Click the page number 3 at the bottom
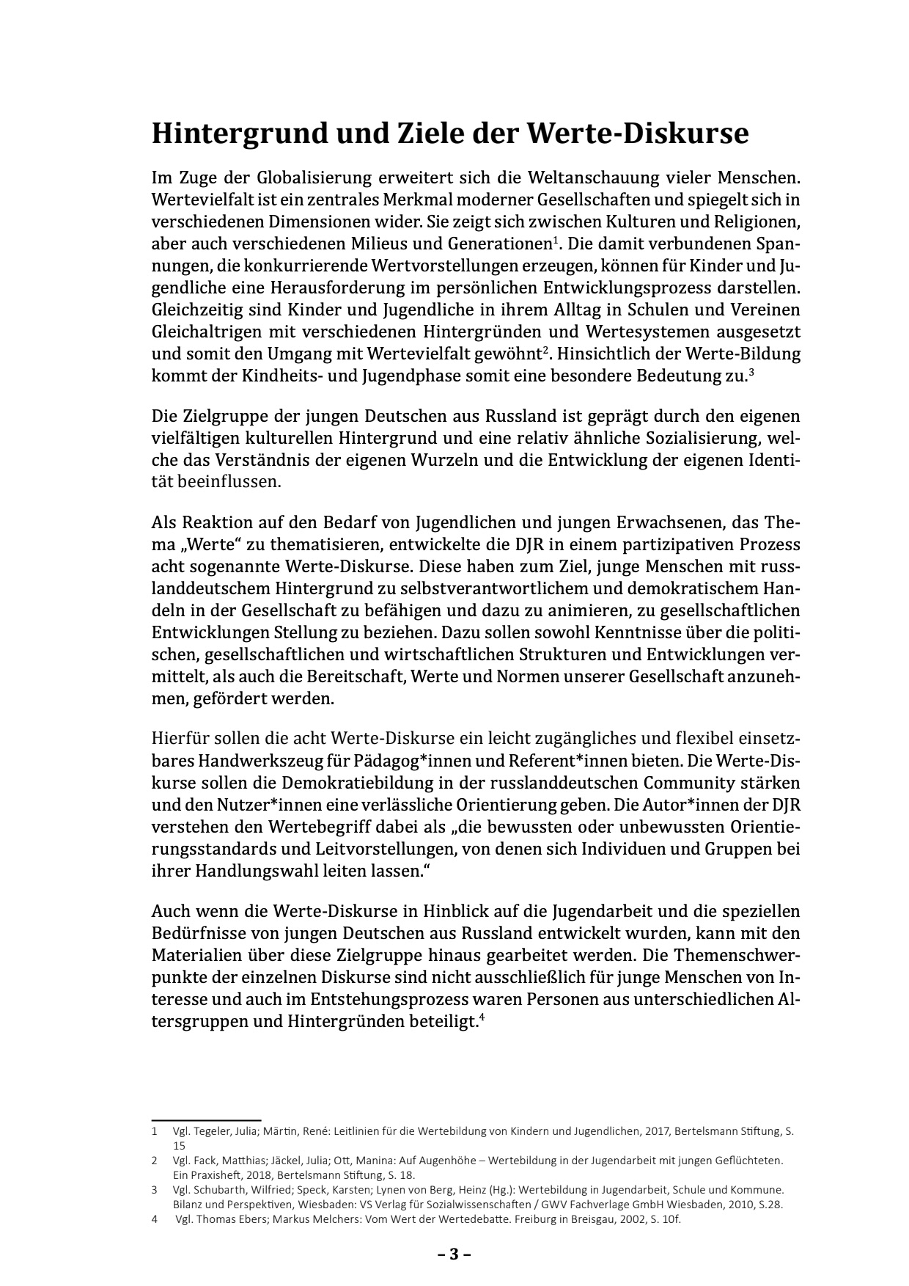[x=454, y=1254]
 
